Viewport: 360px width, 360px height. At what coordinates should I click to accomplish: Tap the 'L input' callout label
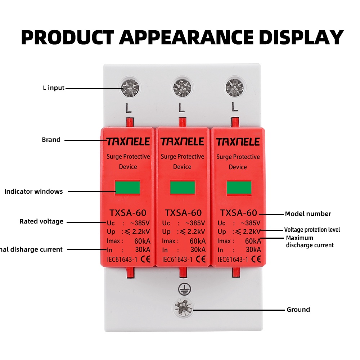(53, 88)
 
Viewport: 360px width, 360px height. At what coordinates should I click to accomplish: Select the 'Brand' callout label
(51, 140)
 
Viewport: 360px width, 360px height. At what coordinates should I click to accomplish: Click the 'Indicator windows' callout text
(33, 192)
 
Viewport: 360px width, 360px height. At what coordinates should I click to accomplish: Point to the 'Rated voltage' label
(41, 221)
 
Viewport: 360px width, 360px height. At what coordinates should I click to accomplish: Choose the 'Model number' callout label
(308, 214)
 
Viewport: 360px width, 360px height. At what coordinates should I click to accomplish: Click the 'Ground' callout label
(298, 310)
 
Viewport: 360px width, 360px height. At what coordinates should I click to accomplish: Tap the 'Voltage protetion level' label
(312, 230)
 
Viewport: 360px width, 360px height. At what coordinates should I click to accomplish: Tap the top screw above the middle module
(182, 88)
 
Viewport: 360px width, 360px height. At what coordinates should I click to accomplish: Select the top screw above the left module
(130, 87)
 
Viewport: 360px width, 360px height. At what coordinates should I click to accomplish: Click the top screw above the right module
(234, 87)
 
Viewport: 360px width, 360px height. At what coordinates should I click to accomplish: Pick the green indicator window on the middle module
(183, 188)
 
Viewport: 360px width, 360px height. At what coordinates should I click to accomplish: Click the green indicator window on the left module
(127, 188)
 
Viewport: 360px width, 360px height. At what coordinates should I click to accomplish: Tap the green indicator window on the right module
(239, 188)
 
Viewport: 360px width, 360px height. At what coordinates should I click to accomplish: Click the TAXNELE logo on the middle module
(183, 141)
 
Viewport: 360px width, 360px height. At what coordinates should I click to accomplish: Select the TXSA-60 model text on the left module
(127, 213)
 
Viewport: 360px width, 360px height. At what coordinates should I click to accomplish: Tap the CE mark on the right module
(256, 259)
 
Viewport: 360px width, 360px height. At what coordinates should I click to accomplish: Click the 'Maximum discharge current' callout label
(310, 242)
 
